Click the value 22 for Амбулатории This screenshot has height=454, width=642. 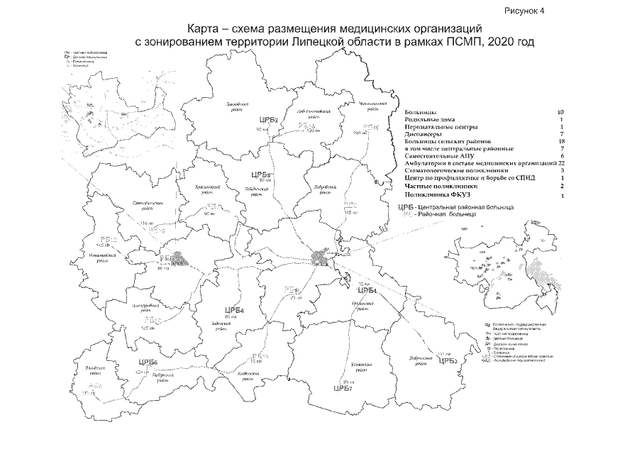(x=560, y=163)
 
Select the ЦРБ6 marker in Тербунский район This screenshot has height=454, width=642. (x=148, y=363)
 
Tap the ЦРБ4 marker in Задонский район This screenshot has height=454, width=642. (x=233, y=311)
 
